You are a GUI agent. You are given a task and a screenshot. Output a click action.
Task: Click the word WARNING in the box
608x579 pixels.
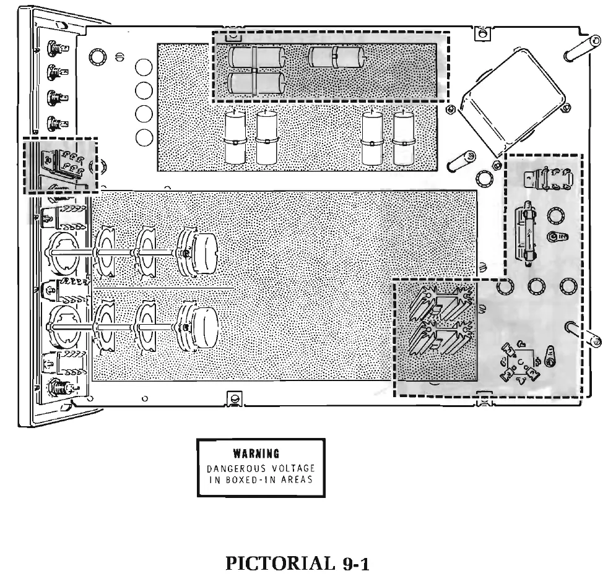tap(261, 453)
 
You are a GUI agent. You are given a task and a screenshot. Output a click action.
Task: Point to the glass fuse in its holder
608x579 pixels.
tap(528, 235)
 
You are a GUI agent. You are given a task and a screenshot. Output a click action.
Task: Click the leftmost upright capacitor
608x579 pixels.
tap(234, 138)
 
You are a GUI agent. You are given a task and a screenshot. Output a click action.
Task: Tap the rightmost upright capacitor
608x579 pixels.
tap(404, 138)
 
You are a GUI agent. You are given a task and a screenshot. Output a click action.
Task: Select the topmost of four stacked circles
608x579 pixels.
tap(143, 67)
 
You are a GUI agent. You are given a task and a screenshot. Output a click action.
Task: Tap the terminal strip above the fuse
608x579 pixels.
tap(547, 180)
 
